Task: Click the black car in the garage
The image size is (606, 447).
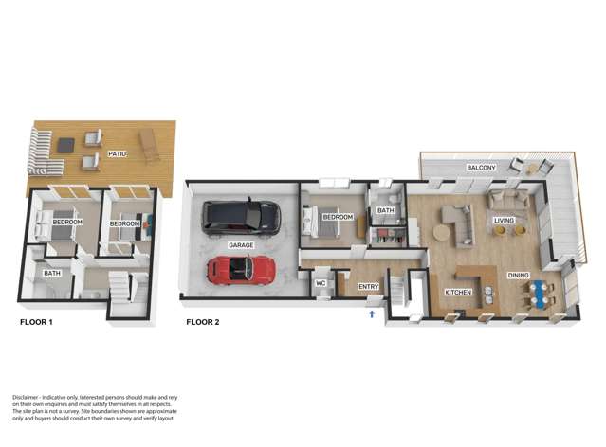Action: click(x=241, y=218)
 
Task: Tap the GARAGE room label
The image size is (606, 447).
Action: click(x=239, y=245)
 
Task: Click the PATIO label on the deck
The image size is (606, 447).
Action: click(x=117, y=152)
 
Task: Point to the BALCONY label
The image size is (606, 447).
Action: click(x=481, y=168)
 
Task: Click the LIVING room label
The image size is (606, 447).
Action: click(x=504, y=222)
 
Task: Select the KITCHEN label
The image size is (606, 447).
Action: click(x=458, y=293)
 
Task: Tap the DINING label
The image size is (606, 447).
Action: click(x=518, y=276)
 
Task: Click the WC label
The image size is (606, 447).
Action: click(x=321, y=283)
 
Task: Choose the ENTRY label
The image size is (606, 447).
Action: click(x=369, y=286)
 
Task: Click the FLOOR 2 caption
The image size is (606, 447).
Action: click(x=202, y=323)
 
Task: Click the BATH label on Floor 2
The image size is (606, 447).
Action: click(x=385, y=211)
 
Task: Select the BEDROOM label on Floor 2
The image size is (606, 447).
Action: click(x=338, y=217)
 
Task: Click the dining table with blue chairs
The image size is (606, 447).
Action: click(x=537, y=293)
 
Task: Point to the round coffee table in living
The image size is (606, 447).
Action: click(x=444, y=232)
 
